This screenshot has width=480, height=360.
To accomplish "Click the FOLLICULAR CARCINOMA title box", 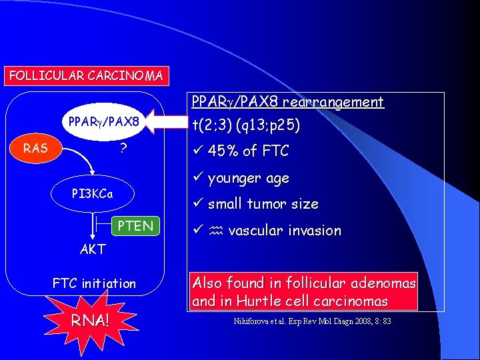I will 85,75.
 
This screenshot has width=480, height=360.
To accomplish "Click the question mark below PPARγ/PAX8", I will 123,148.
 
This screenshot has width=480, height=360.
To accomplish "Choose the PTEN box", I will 135,226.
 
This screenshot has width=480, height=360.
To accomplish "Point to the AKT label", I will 93,250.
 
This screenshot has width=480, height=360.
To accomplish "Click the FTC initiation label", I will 94,284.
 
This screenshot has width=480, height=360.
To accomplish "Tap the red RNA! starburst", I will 91,320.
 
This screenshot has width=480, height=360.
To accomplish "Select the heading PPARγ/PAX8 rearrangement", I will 287,102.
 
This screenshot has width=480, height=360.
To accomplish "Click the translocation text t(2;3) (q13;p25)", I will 245,125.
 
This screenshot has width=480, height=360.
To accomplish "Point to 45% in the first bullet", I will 223,151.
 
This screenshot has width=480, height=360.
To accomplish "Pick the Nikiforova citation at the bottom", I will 312,321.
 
